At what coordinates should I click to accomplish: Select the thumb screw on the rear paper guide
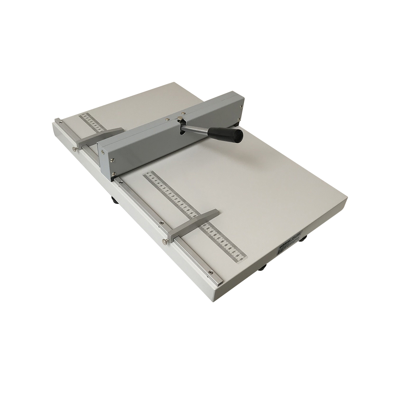pos(75,148)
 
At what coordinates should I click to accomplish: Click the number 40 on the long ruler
pos(148,174)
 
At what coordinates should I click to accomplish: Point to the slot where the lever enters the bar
pos(182,132)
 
